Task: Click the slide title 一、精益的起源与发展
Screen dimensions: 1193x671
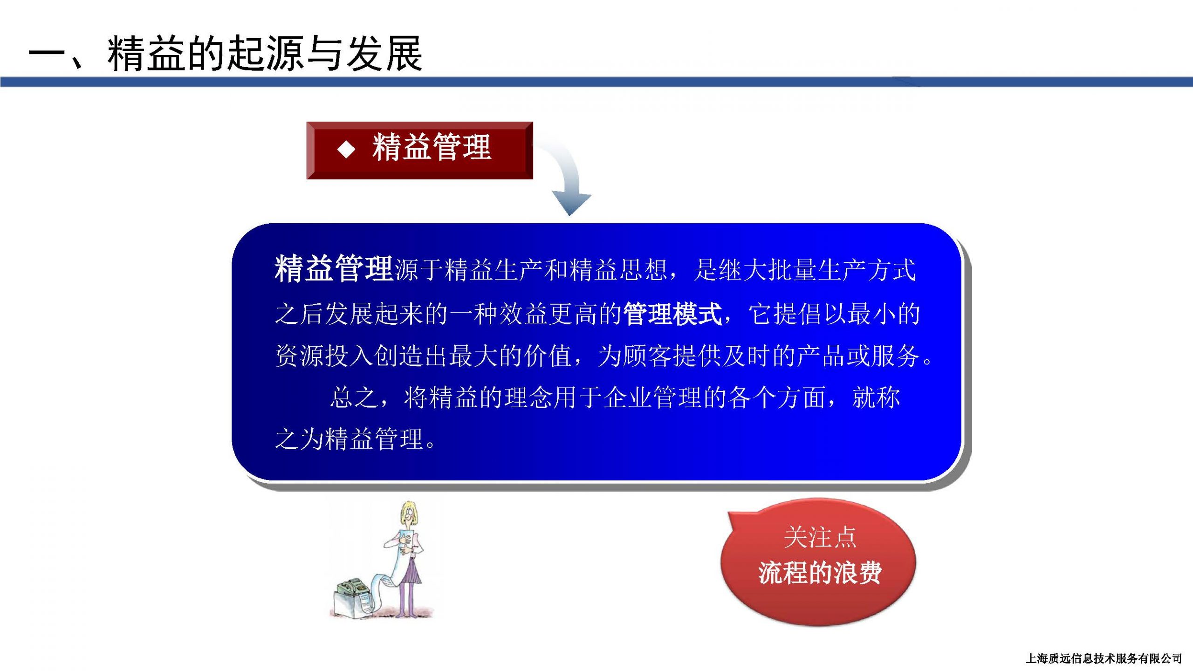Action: pos(226,54)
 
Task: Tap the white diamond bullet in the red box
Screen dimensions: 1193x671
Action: pos(346,150)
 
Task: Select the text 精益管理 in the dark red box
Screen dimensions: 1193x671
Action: pos(432,147)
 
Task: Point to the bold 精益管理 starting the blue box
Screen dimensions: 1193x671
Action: pos(334,269)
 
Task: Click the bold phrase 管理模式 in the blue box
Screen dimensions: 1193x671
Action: pos(672,314)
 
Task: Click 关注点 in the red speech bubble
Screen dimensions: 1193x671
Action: pos(820,537)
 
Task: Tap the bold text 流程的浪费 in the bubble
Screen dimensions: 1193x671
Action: pos(820,573)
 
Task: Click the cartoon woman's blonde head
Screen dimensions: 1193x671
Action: pos(409,514)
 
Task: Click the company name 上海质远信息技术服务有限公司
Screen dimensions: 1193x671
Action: pos(1104,658)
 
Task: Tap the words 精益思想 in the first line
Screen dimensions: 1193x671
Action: pos(618,270)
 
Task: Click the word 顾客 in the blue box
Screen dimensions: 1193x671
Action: pos(648,356)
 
